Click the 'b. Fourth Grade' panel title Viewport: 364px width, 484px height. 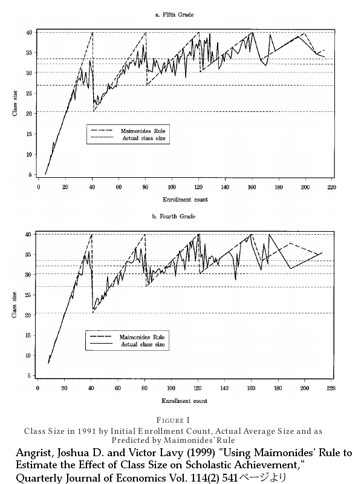pos(182,216)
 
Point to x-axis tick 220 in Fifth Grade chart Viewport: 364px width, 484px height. pos(331,187)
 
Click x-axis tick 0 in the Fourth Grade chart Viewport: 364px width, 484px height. pos(38,389)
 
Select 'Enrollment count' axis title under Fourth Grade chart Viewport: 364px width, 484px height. pos(184,401)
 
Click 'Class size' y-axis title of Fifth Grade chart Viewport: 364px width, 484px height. pos(15,103)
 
